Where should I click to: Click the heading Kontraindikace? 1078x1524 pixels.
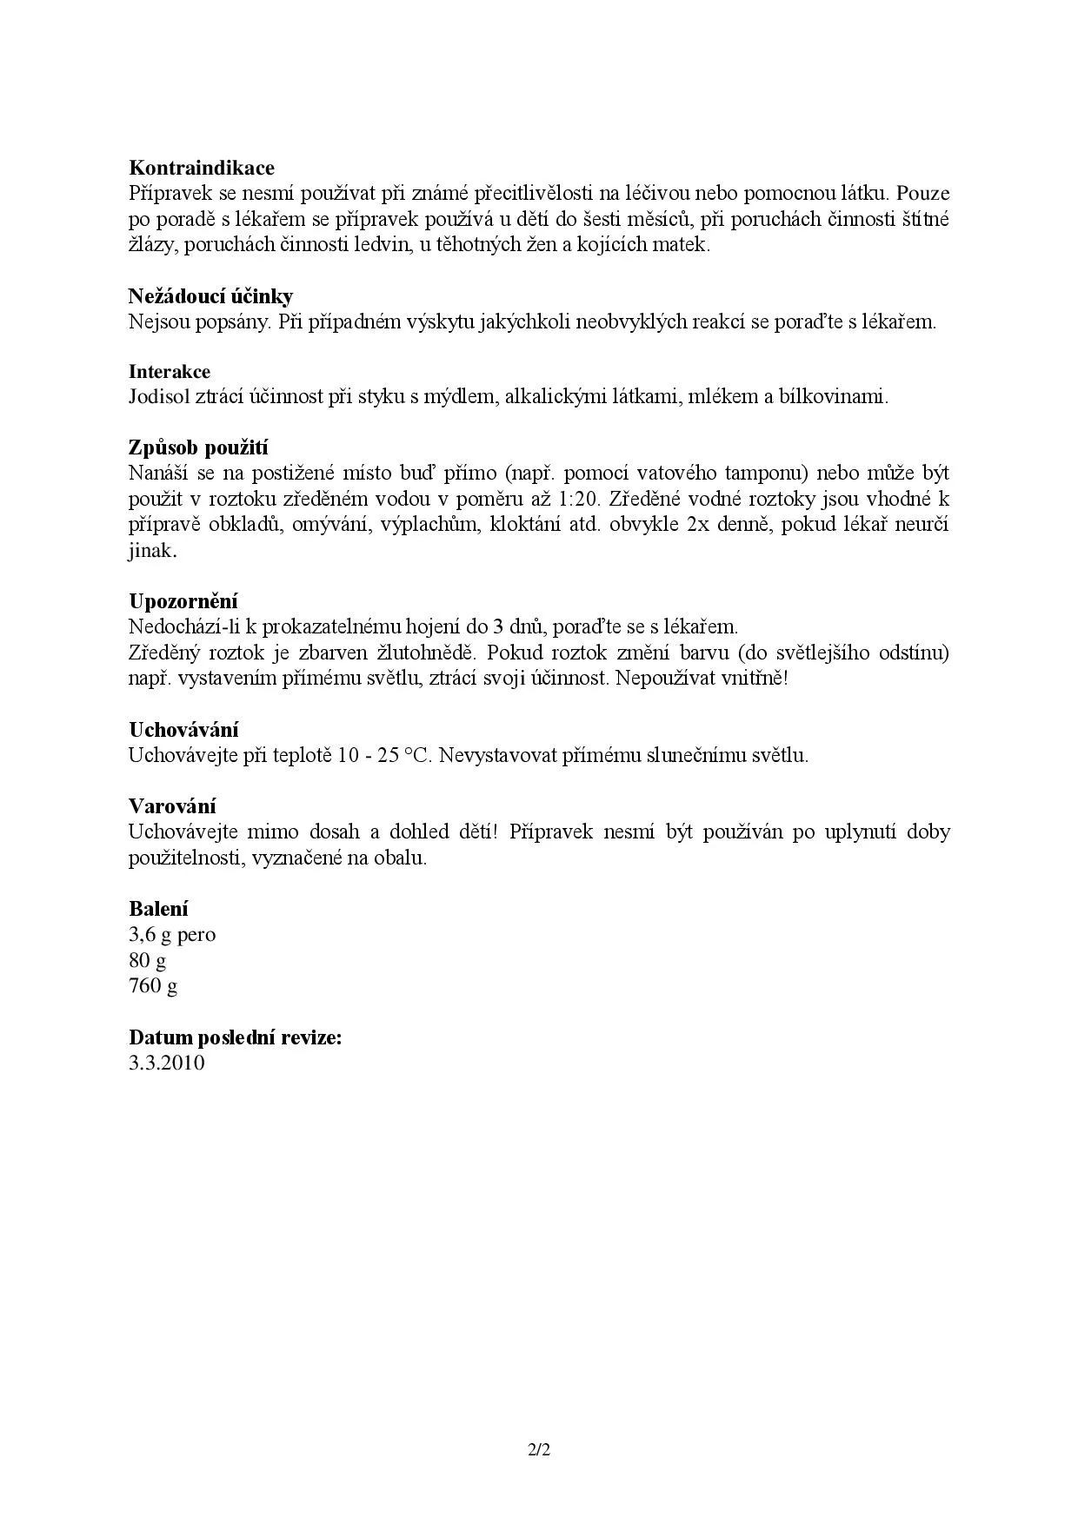tap(202, 168)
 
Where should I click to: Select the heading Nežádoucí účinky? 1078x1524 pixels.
tap(210, 296)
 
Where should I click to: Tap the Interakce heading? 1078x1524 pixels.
tap(170, 372)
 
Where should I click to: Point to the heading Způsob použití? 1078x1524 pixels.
tap(198, 448)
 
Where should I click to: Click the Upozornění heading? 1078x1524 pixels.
tap(183, 601)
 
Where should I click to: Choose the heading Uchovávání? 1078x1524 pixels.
tap(183, 730)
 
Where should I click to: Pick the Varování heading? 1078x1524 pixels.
tap(172, 806)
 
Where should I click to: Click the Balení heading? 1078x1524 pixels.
tap(158, 909)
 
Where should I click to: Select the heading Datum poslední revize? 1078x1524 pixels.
tap(235, 1037)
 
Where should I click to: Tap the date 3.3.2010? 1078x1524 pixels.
tap(167, 1063)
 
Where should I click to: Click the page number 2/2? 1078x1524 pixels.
tap(539, 1450)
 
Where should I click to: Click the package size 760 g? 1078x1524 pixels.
tap(153, 986)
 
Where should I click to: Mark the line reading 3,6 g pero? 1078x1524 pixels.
tap(172, 935)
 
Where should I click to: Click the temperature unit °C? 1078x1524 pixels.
tap(416, 755)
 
